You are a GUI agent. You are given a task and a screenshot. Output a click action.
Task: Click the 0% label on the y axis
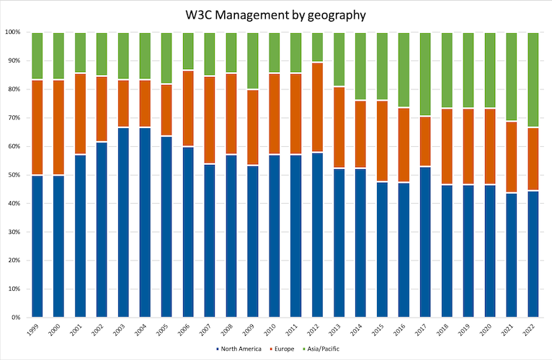point(15,317)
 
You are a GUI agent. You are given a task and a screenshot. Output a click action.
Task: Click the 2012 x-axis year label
point(317,330)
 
